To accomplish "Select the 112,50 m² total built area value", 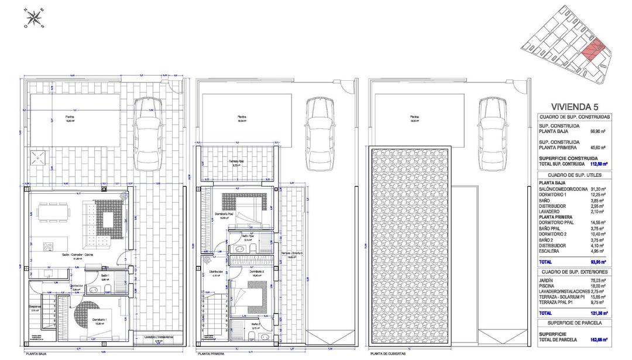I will tap(596, 164).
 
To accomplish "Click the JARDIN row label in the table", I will tap(547, 280).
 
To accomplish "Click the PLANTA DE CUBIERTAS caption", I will tap(390, 354).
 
